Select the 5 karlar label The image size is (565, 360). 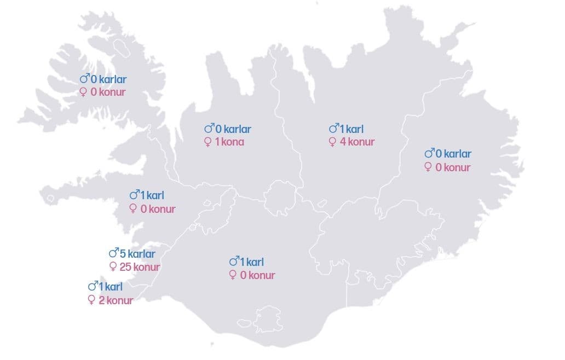click(132, 254)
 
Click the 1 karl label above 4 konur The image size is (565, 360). click(346, 129)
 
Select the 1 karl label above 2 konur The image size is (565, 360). click(105, 287)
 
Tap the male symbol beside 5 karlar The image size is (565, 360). click(114, 253)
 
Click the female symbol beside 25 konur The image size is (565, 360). click(113, 267)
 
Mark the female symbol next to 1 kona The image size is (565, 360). click(207, 142)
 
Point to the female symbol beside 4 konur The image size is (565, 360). click(332, 142)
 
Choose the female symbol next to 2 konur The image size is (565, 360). click(91, 300)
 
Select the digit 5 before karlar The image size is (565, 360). click(123, 254)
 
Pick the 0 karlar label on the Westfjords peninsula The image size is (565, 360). click(103, 79)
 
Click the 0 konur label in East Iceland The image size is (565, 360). click(448, 167)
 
